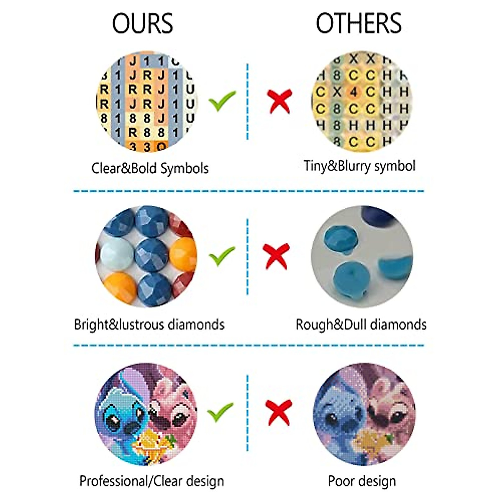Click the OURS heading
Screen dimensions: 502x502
[143, 23]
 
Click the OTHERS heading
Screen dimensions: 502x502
[359, 23]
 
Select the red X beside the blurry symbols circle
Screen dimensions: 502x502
[279, 101]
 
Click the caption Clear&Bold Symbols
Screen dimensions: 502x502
[150, 168]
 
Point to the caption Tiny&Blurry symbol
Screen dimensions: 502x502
[359, 166]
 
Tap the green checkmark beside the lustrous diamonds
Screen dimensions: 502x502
[222, 256]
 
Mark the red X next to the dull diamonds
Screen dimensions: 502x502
[277, 256]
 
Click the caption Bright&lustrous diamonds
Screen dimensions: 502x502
[149, 325]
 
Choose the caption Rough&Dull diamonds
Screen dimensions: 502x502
[361, 325]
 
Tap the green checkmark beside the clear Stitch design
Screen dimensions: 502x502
[220, 412]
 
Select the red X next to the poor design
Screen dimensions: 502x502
[278, 412]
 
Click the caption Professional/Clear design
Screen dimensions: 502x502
[151, 481]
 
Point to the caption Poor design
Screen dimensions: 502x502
[362, 481]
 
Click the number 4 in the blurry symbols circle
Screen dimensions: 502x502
[353, 92]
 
